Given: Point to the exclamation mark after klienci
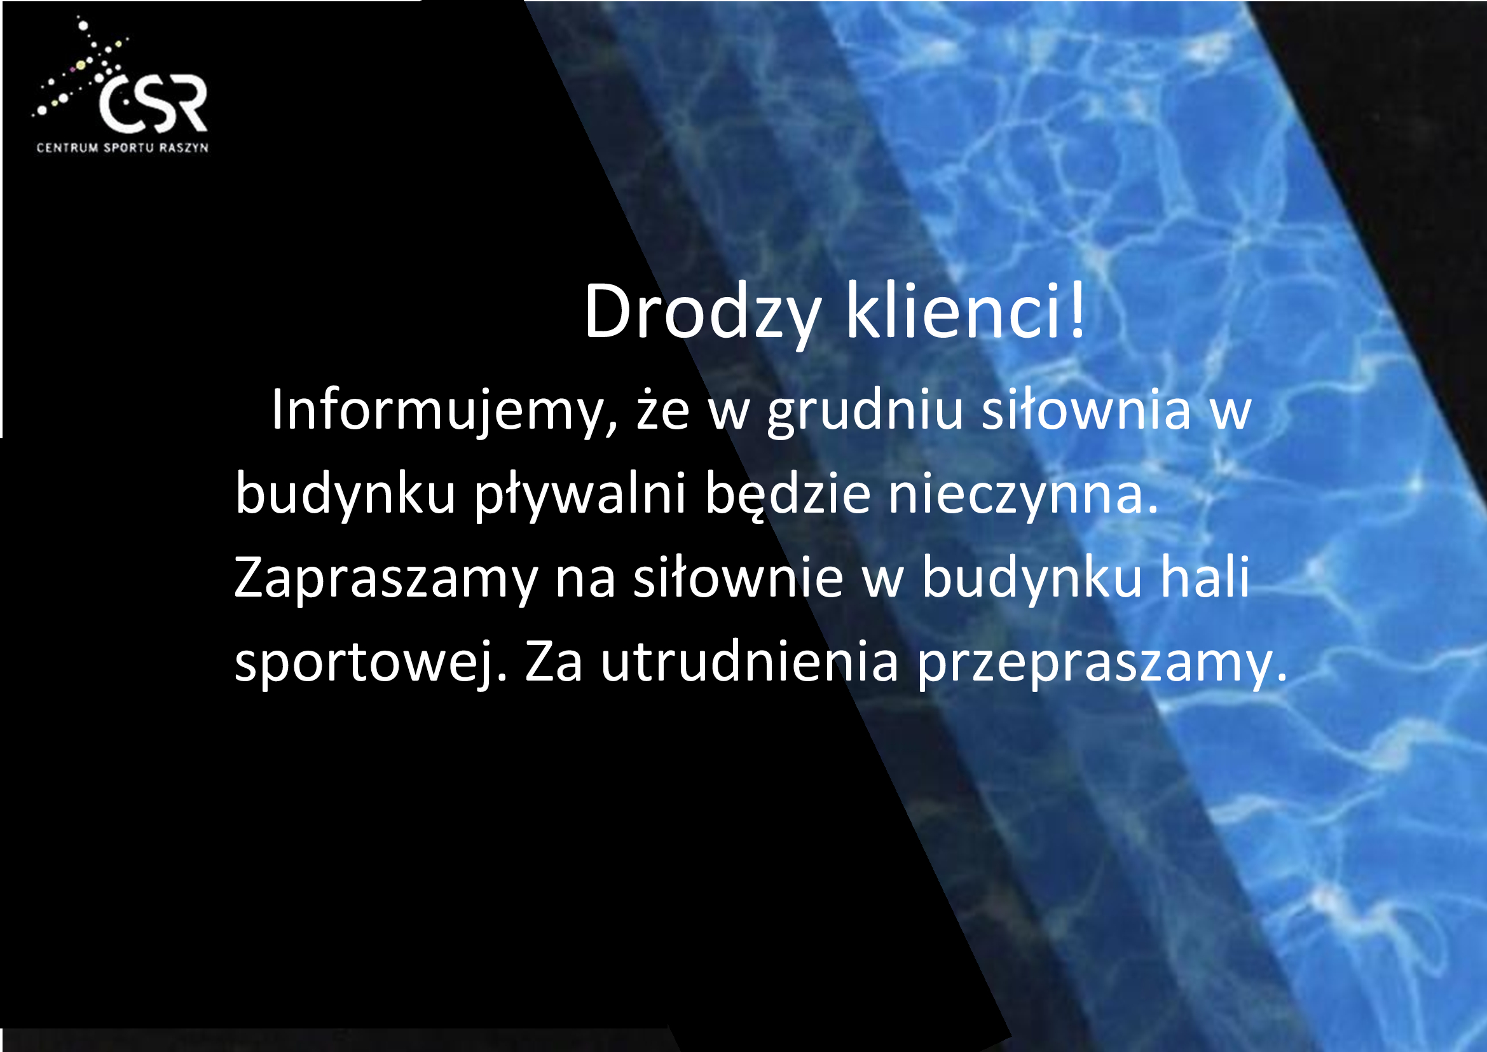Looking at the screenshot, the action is [x=1077, y=310].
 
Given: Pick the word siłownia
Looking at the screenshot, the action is [x=1086, y=410].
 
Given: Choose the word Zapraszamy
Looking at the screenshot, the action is [x=386, y=580].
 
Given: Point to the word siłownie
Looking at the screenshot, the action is [x=738, y=576].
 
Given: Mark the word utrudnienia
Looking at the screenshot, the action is [x=750, y=661].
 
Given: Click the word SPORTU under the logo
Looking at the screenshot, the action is [x=129, y=148].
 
